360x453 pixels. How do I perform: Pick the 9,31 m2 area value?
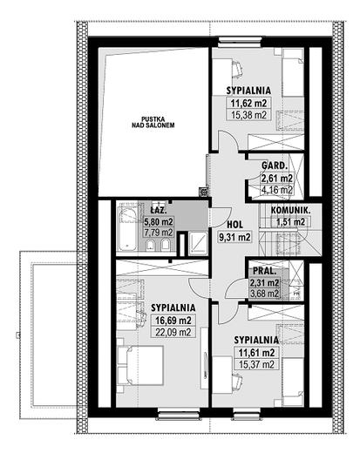click(234, 235)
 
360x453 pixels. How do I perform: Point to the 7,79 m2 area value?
click(159, 233)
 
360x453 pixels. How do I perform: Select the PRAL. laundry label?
click(264, 270)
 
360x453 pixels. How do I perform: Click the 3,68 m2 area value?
click(264, 293)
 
